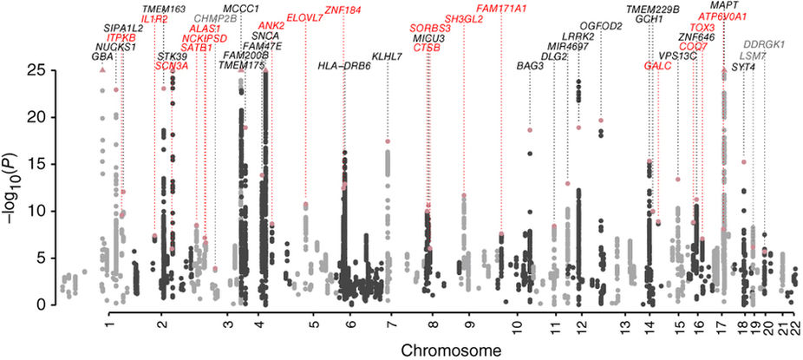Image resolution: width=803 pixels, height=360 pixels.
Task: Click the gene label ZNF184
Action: point(343,10)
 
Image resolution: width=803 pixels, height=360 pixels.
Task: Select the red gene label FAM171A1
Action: point(500,8)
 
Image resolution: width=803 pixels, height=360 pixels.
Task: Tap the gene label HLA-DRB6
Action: point(344,66)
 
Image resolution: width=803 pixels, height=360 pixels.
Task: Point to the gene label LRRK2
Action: point(578,36)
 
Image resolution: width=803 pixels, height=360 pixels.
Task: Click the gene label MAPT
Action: point(724,5)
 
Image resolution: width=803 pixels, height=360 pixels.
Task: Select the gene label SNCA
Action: point(253,36)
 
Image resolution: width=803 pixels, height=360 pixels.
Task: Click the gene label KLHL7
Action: point(387,56)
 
